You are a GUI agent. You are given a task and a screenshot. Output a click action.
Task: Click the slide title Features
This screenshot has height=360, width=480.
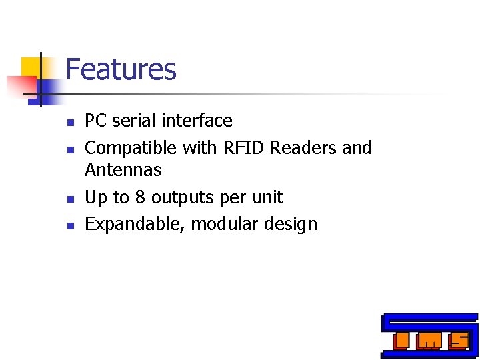coord(121,69)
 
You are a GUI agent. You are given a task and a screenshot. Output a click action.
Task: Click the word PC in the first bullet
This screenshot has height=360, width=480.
coord(96,121)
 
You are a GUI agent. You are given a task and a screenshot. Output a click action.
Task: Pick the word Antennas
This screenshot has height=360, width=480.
coord(123,170)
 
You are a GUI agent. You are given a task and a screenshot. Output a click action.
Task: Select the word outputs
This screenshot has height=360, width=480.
coord(179,198)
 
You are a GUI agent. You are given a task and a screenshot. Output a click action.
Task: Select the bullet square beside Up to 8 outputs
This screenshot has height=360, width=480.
coord(70,199)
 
